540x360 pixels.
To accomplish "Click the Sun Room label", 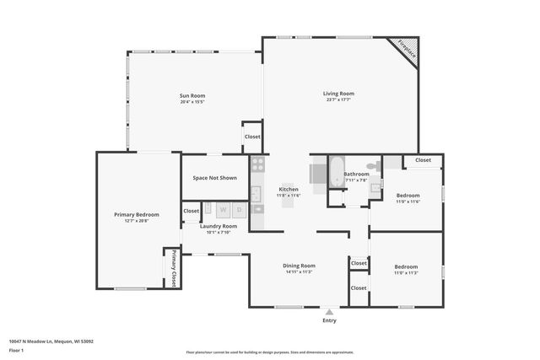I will coord(192,95).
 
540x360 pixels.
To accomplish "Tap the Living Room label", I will coord(338,93).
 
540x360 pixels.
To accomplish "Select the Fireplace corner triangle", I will coord(408,50).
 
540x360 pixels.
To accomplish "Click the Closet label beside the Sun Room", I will coord(252,137).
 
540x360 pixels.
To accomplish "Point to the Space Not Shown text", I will coord(214,178).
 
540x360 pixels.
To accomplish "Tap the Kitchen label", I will coord(289,189).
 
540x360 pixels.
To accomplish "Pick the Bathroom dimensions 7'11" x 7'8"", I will coord(356,180).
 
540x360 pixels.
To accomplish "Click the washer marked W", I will coord(224,209).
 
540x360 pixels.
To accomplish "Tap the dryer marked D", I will coord(240,209).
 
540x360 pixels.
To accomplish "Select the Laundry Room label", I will coord(218,226).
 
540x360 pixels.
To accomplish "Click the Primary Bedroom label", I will coord(137,215).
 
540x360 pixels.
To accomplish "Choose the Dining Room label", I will coord(299,266).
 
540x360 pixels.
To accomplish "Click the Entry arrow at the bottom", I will coord(329,311).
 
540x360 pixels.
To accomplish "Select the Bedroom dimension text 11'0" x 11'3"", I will coord(406,272).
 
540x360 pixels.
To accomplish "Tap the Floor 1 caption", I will coord(16,350).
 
